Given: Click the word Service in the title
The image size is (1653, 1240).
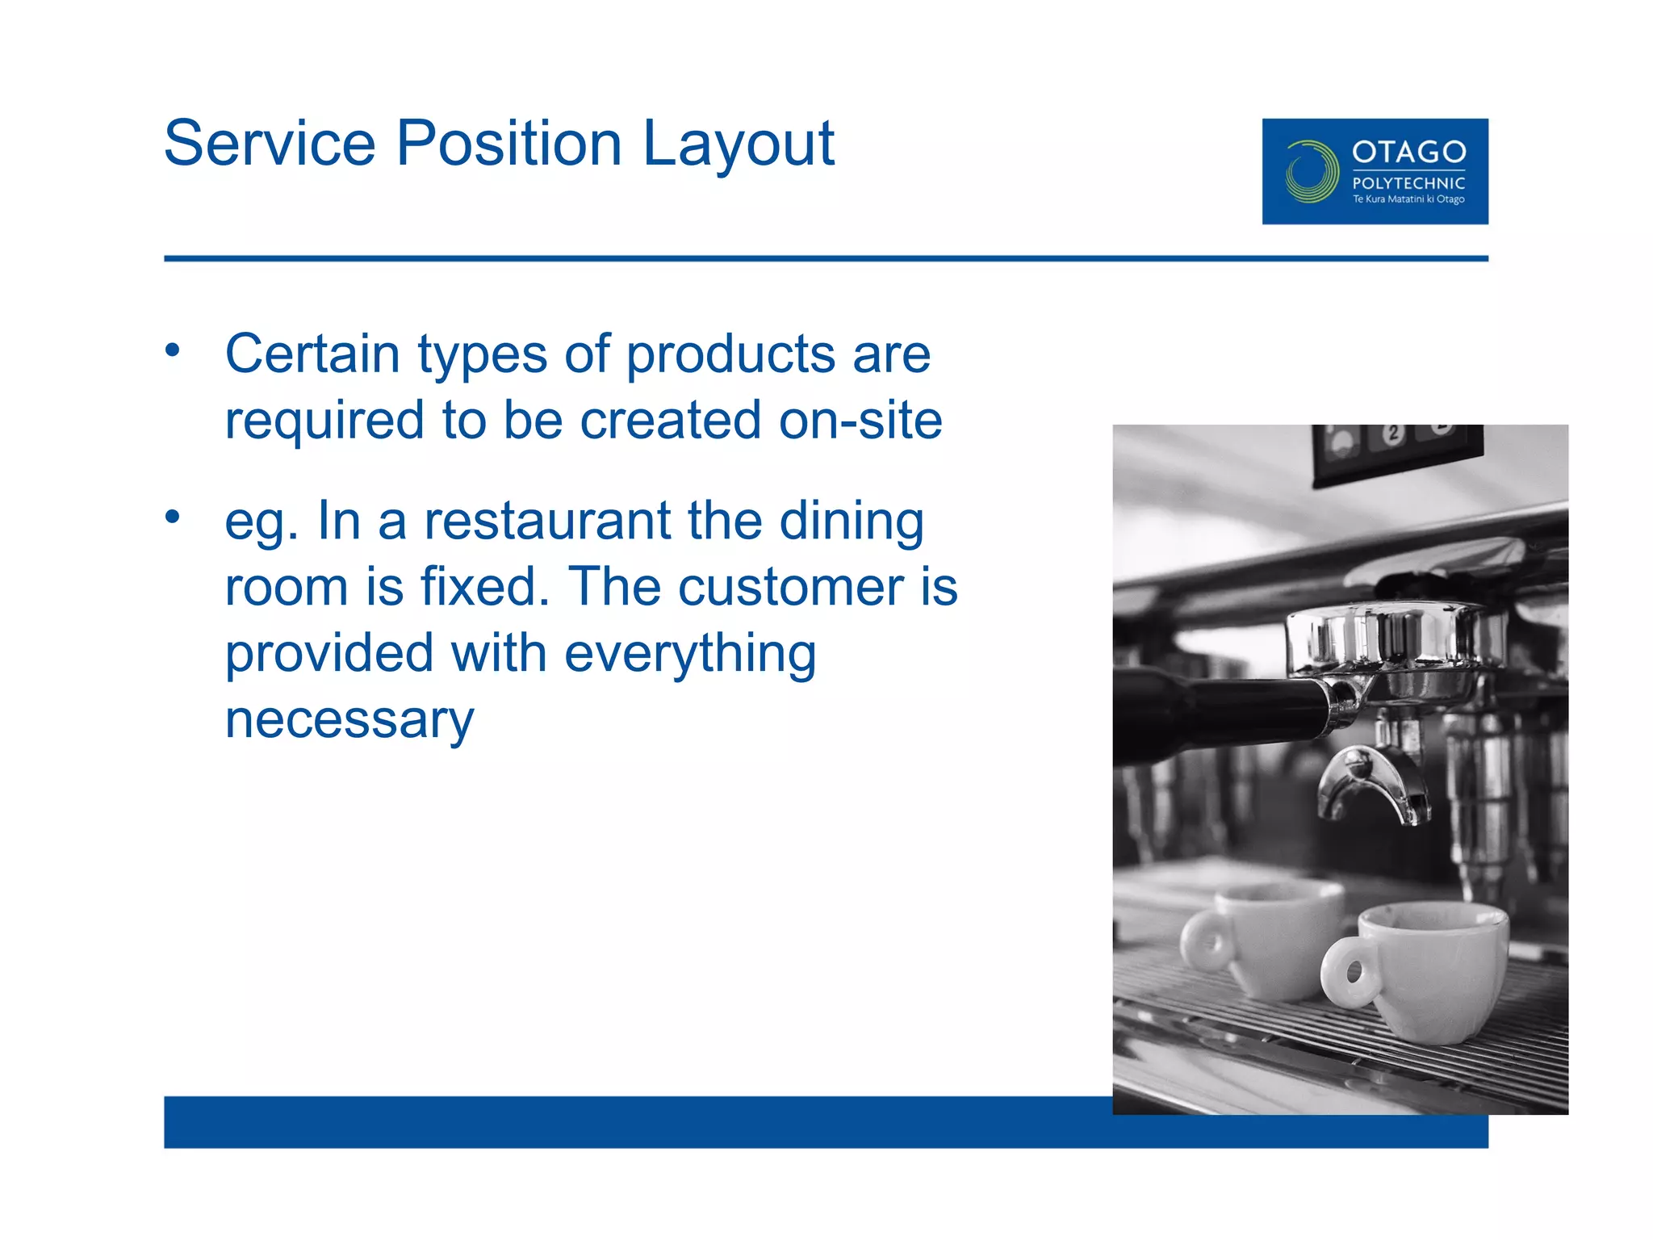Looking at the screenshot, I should pos(270,144).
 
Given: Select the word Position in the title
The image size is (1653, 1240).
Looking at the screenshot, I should pos(508,144).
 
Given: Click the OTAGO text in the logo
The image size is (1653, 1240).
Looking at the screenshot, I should pos(1408,152).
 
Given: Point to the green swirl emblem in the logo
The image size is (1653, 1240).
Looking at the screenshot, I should pos(1311,171).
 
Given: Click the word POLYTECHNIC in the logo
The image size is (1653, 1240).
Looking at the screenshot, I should pos(1408,183).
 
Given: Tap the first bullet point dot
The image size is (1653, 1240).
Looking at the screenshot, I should pos(172,350).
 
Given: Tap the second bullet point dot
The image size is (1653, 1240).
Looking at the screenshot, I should pos(172,517).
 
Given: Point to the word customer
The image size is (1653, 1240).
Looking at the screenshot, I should pos(790,587).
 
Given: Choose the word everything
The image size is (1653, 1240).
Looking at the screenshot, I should pos(690,654).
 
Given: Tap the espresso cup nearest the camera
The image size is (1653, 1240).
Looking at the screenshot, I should pos(1429,973).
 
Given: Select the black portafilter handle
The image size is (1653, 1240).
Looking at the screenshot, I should pos(1219,715).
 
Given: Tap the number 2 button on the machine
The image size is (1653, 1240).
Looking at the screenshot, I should pos(1392,434).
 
